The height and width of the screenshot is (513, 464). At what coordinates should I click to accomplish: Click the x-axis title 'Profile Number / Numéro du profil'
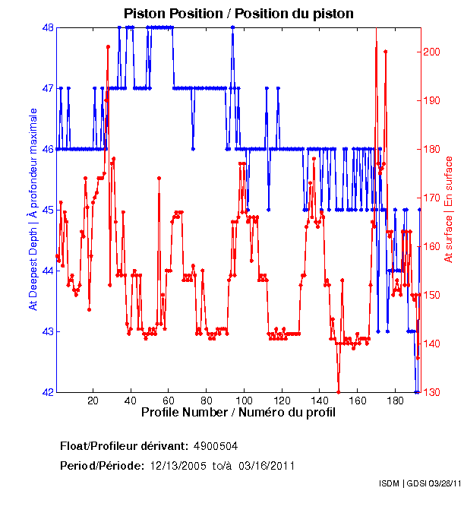(x=238, y=413)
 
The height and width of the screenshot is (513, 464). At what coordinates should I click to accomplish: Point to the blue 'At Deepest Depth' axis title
(x=33, y=209)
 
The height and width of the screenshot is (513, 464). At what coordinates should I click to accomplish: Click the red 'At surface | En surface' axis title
(x=449, y=209)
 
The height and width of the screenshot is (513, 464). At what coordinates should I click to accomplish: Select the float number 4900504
(x=220, y=445)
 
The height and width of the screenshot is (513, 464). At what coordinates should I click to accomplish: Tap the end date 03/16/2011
(x=267, y=465)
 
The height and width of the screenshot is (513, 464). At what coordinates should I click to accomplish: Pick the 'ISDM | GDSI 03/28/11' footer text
(x=418, y=483)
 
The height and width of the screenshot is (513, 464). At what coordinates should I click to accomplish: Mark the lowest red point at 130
(x=338, y=391)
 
